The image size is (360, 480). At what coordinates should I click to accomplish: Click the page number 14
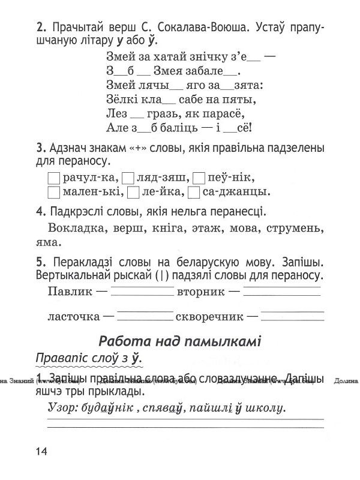[43, 452]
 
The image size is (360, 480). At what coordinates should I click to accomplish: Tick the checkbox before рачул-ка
[53, 178]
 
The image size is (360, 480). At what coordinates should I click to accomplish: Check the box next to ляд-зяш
[128, 178]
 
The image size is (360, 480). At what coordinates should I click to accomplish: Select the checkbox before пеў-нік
[201, 178]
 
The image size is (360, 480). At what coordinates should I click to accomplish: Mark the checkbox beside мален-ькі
[53, 192]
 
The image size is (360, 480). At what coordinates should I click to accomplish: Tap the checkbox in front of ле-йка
[134, 192]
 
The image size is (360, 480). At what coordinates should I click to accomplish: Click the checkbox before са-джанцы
[193, 192]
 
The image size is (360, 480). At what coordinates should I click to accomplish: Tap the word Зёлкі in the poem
[120, 98]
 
